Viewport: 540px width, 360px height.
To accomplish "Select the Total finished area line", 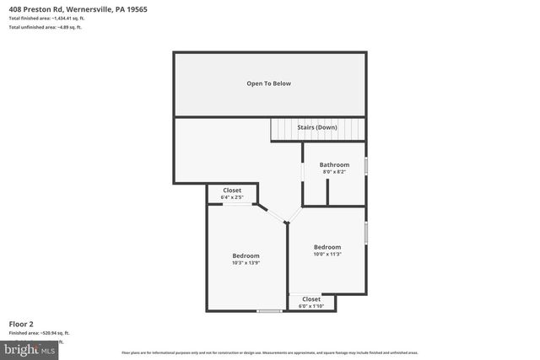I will point(46,19).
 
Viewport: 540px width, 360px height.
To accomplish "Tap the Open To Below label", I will point(268,83).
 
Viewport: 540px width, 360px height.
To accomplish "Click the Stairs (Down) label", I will point(317,127).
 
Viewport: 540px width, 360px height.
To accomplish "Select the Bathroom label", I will point(334,164).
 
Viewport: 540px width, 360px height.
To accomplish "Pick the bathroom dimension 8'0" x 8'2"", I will point(334,172).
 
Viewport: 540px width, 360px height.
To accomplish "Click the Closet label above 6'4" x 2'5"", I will point(232,191).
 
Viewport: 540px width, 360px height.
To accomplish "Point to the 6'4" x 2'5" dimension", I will point(232,198).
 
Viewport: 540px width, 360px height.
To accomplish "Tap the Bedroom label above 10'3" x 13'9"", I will point(246,255).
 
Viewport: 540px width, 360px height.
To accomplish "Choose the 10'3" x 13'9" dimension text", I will point(246,263).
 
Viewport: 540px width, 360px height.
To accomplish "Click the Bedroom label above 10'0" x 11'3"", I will point(327,247).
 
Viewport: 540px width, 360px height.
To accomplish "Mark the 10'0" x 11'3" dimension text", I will point(327,255).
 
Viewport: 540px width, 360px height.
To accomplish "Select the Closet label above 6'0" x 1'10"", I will point(311,298).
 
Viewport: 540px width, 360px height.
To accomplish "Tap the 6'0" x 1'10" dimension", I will point(311,306).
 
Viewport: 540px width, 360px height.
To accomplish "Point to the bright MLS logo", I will point(30,349).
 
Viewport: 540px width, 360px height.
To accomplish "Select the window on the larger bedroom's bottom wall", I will point(269,312).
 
